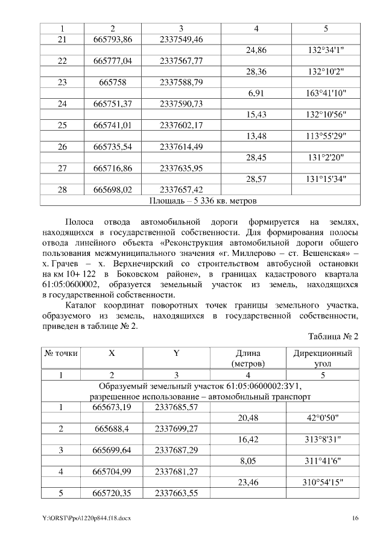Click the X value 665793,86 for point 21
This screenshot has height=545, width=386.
(113, 39)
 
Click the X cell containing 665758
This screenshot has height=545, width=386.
(113, 83)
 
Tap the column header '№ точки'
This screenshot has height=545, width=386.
(61, 353)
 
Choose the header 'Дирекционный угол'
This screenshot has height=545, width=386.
(323, 359)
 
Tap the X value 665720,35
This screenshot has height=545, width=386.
(113, 493)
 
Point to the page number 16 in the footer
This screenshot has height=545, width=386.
(355, 518)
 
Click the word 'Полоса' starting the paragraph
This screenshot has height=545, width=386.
(79, 222)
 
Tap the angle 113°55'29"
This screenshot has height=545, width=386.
(326, 137)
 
